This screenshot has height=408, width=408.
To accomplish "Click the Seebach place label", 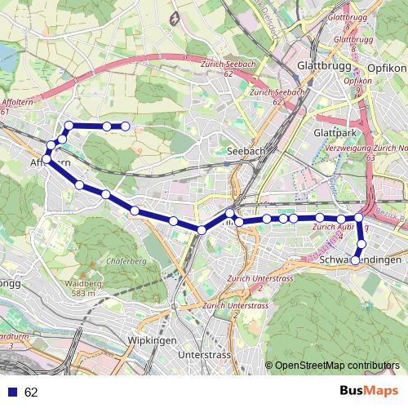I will click(244, 151).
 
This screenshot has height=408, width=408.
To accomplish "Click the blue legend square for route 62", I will click(11, 392).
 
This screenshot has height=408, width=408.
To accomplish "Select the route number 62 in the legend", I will click(31, 392).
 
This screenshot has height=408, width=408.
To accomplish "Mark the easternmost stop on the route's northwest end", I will click(126, 126).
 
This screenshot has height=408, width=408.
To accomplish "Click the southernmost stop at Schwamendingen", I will click(355, 260).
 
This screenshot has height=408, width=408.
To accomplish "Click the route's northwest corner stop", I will click(69, 126).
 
